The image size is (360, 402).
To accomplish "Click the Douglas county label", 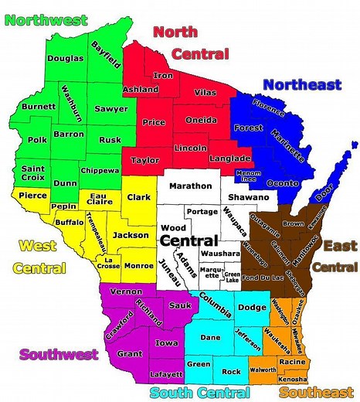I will (x=65, y=58).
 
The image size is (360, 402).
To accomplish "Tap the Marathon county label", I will (x=191, y=186).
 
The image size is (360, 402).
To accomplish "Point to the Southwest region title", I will (x=59, y=354).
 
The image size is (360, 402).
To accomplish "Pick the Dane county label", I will (x=210, y=337).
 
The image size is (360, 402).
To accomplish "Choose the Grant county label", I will (x=130, y=353).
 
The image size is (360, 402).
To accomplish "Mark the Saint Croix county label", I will (x=32, y=173).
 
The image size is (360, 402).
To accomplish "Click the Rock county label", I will (x=231, y=372).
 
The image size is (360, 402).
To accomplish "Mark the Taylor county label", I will (x=140, y=161).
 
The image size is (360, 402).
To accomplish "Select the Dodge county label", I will (x=252, y=308).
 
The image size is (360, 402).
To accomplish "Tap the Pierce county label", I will (x=29, y=196).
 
